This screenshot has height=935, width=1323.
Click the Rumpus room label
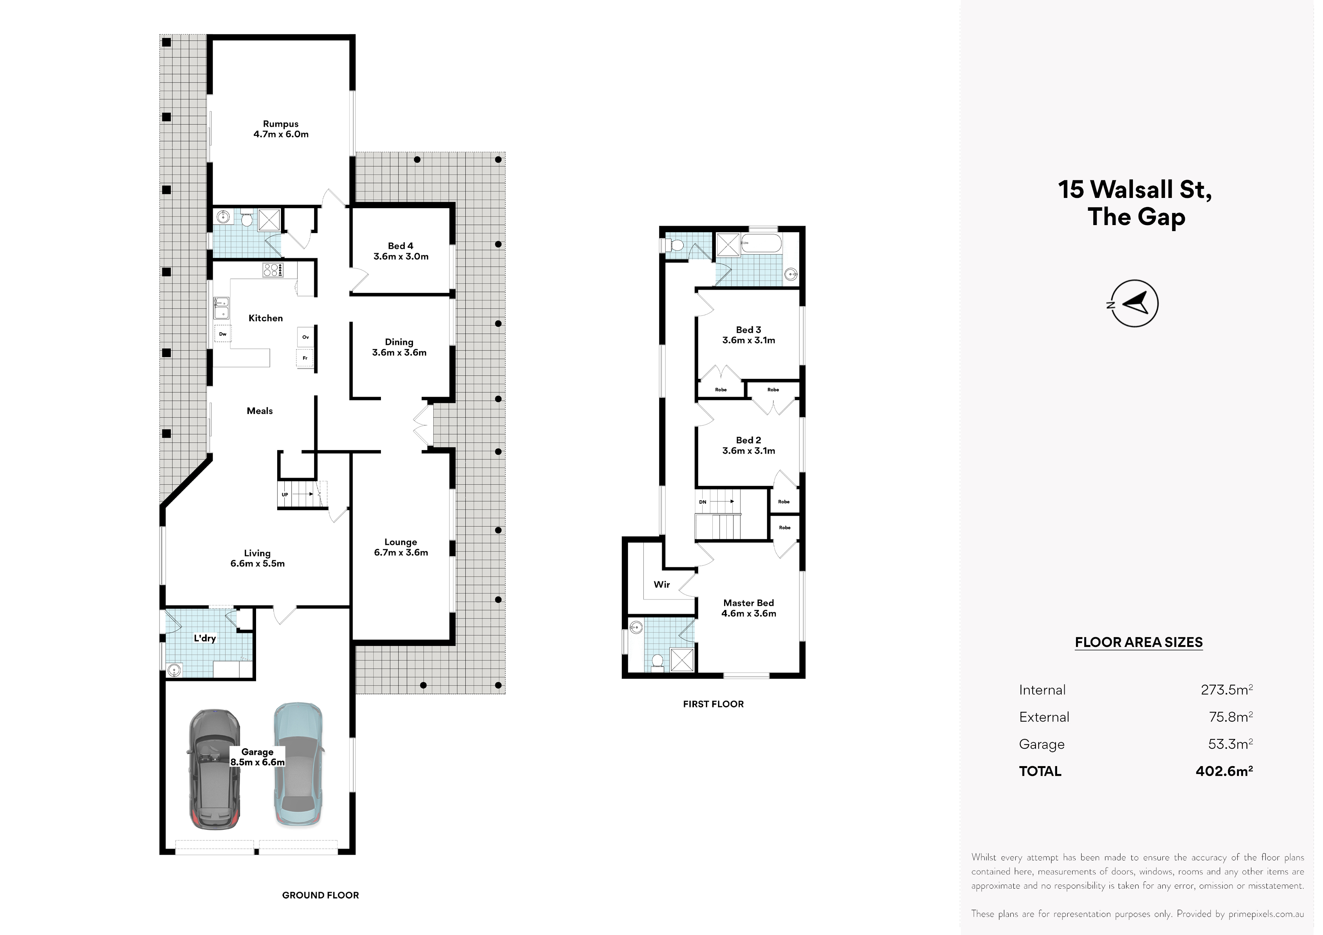[281, 124]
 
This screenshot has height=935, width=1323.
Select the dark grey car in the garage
[214, 769]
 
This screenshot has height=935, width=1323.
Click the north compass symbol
[1134, 303]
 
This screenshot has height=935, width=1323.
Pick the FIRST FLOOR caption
[714, 704]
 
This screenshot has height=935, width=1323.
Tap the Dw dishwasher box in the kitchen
[223, 334]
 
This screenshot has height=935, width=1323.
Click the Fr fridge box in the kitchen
[305, 358]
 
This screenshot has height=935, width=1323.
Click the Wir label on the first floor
[661, 584]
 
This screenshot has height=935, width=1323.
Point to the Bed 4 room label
[401, 246]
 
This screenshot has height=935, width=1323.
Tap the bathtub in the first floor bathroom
[761, 244]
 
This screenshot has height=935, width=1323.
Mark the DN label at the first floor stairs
[702, 502]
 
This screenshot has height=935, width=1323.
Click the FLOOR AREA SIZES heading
[1139, 642]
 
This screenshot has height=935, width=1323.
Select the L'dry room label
[204, 638]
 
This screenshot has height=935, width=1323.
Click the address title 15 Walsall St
[1134, 190]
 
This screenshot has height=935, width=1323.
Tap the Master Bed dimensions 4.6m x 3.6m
[749, 613]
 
